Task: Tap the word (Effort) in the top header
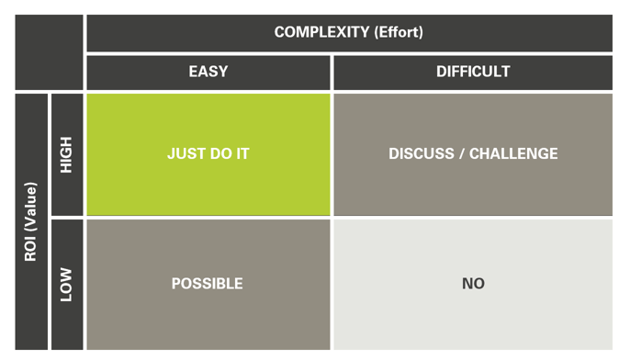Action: click(399, 33)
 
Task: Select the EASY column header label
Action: click(208, 72)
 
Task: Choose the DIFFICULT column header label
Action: click(473, 72)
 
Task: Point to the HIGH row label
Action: click(66, 154)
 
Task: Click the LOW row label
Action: click(66, 284)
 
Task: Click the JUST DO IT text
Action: click(208, 154)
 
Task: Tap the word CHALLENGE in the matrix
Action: click(513, 154)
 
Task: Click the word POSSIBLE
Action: click(208, 284)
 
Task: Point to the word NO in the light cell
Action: click(473, 284)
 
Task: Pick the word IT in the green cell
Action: click(242, 154)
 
